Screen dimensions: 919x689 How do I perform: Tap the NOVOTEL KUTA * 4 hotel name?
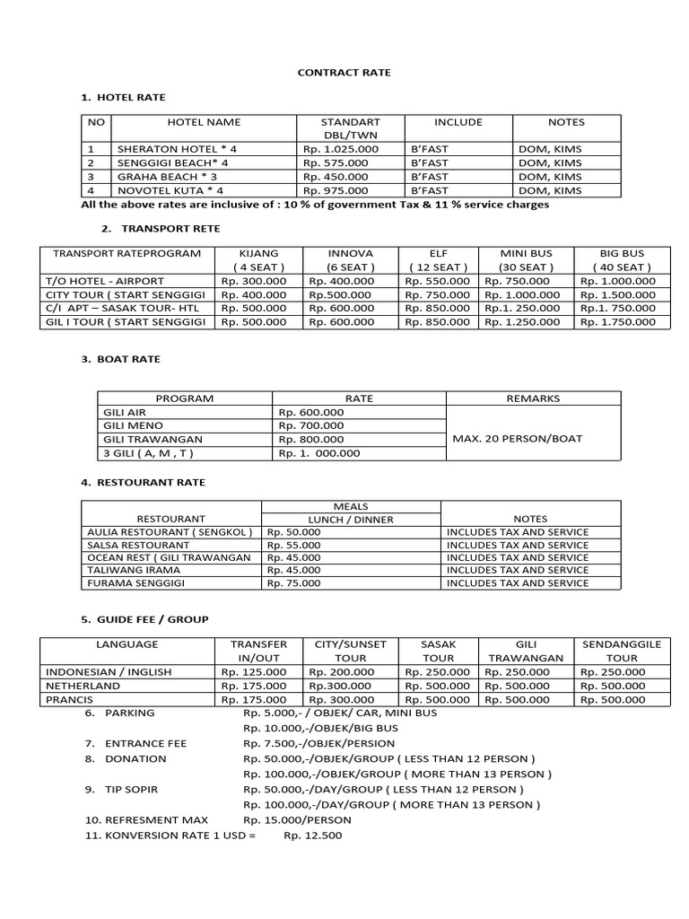click(x=170, y=190)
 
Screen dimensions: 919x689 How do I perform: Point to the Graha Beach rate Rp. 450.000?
click(x=336, y=177)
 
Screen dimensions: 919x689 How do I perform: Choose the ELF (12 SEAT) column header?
click(x=436, y=260)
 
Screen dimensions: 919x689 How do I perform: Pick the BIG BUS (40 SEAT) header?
click(x=622, y=260)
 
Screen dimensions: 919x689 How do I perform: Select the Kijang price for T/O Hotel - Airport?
click(x=253, y=281)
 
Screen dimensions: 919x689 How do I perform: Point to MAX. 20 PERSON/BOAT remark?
click(x=518, y=439)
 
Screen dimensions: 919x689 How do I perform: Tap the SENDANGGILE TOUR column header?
click(x=622, y=651)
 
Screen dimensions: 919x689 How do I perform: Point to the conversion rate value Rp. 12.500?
click(x=313, y=836)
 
